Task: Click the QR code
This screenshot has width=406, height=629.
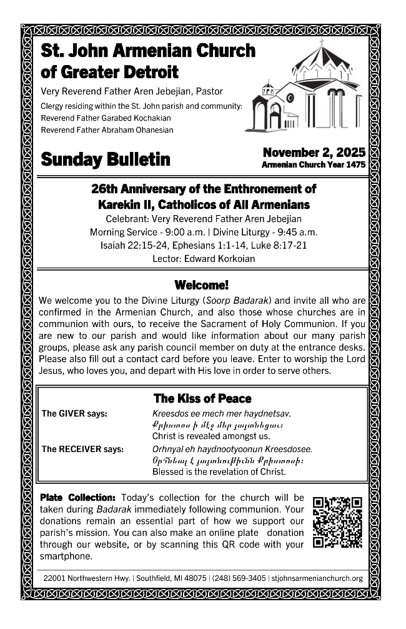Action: [x=337, y=522]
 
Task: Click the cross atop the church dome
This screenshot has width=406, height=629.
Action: [x=322, y=44]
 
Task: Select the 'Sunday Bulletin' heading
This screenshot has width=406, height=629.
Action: [x=105, y=159]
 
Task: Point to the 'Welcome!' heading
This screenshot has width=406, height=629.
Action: [x=202, y=285]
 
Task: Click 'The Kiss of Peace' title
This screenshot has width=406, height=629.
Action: [x=202, y=398]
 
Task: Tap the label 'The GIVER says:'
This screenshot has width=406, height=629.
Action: [x=74, y=413]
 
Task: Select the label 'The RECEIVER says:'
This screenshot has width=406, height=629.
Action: [x=82, y=448]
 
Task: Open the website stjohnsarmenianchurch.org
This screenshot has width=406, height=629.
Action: [x=317, y=578]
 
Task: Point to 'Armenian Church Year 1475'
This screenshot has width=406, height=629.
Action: [x=314, y=165]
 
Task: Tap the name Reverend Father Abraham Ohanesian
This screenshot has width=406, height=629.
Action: [x=107, y=130]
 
